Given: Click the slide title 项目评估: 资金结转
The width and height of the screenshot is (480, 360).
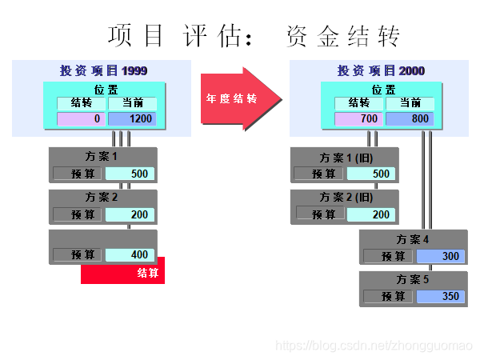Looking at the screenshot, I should coord(254,36).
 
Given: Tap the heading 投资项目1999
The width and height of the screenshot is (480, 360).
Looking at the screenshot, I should coord(103,70).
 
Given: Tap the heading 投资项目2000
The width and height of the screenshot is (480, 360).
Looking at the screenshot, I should coord(381,70).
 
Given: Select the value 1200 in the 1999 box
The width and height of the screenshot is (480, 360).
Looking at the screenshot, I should coord(133,119).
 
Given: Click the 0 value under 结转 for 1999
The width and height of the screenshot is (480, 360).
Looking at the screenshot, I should coord(81,119).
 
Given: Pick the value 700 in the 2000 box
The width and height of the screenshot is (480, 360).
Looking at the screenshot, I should coord(358,119).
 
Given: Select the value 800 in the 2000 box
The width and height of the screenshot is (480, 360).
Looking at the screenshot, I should coord(410,119).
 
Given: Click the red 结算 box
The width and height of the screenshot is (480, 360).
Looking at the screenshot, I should coord(123,272).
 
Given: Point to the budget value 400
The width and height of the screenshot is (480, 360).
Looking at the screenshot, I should coord(130,255).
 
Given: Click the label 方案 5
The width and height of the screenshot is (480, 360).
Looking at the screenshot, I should coord(413,280).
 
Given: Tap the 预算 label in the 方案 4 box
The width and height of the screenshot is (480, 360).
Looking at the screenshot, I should coord(389,256).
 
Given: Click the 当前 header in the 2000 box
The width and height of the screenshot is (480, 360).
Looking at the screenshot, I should coord(410,103).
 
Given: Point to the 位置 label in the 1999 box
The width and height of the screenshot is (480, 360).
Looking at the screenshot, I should coord(106,90).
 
